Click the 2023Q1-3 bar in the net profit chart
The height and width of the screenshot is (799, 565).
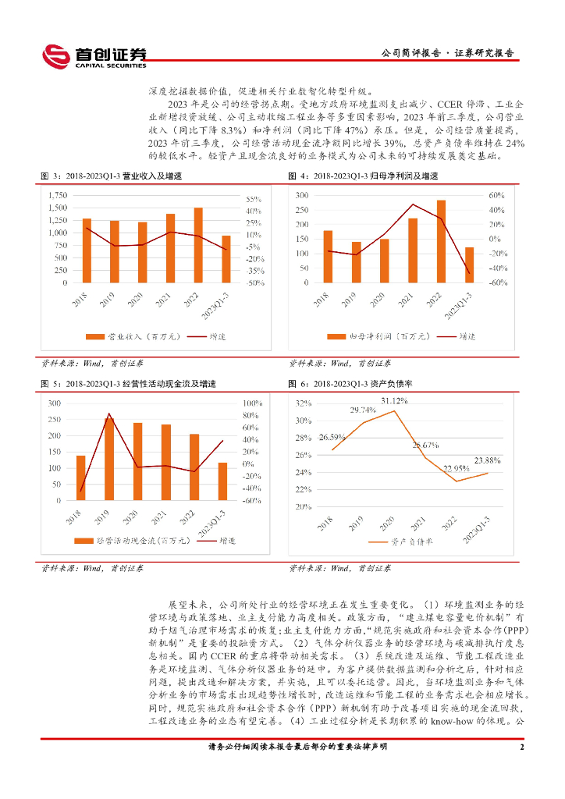coord(470,265)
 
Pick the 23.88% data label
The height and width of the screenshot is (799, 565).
coord(488,460)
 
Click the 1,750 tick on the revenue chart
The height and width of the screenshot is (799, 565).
coord(57,194)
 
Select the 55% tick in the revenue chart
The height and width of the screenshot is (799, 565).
coord(254,199)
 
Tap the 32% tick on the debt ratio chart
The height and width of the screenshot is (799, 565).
coord(303,403)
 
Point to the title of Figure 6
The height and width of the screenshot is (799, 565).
coord(350,385)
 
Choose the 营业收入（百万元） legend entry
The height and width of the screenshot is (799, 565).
coord(125,336)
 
